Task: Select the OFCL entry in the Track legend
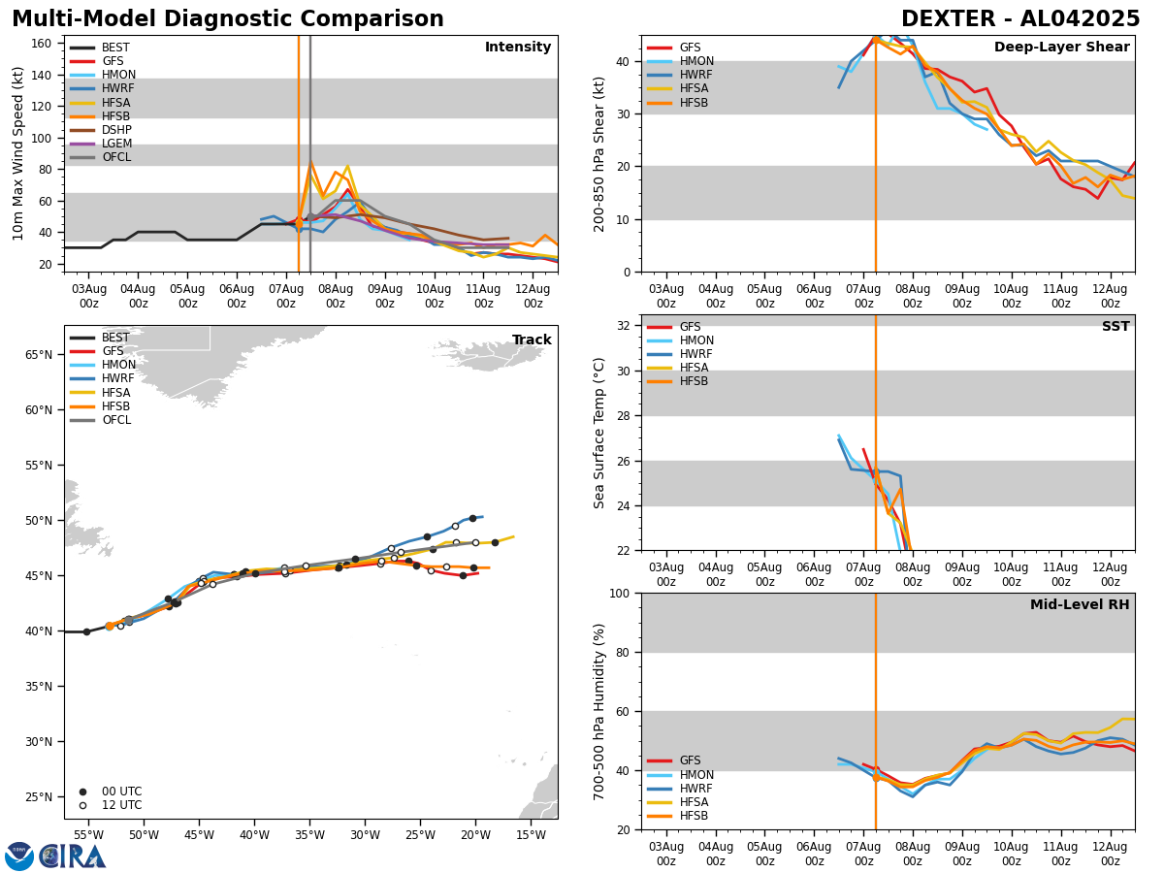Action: pyautogui.click(x=116, y=420)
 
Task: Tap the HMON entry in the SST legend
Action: pyautogui.click(x=696, y=340)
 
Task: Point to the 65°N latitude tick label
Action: pyautogui.click(x=38, y=355)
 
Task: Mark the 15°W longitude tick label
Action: pyautogui.click(x=530, y=834)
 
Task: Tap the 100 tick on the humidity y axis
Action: pyautogui.click(x=618, y=593)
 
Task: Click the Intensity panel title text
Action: pyautogui.click(x=518, y=48)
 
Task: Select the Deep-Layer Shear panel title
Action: pyautogui.click(x=1061, y=48)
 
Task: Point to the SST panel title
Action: pyautogui.click(x=1115, y=327)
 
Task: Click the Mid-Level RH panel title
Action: pyautogui.click(x=1079, y=605)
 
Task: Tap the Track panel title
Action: pyautogui.click(x=532, y=340)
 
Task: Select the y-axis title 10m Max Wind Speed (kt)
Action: pyautogui.click(x=18, y=153)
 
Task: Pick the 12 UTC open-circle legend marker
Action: pyautogui.click(x=82, y=805)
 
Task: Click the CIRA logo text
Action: pyautogui.click(x=73, y=856)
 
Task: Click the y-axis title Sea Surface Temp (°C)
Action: pyautogui.click(x=600, y=433)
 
